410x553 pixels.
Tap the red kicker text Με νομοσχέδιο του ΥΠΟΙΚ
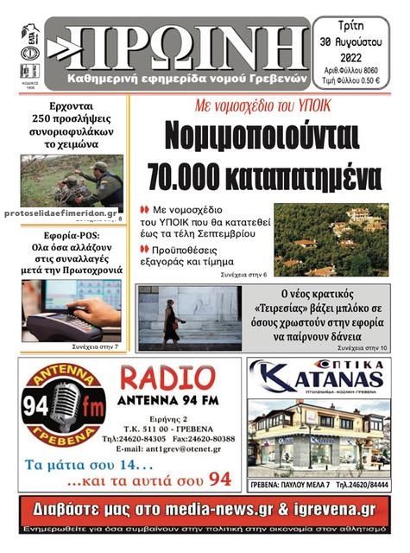pyautogui.click(x=262, y=106)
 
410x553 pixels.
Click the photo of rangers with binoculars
pyautogui.click(x=73, y=180)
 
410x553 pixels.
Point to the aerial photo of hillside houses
pyautogui.click(x=331, y=240)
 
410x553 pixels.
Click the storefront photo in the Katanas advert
pyautogui.click(x=318, y=436)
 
